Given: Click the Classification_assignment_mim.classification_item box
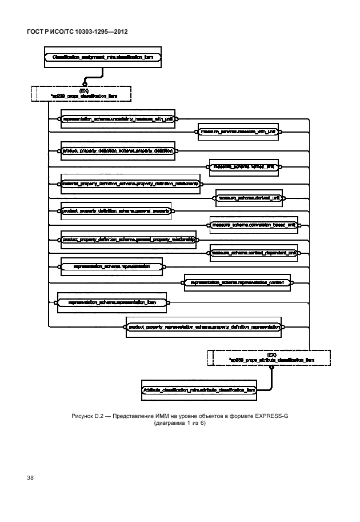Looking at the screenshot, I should tap(102, 58).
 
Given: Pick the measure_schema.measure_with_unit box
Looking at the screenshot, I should tap(238, 132).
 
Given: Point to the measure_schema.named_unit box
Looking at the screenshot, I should tap(243, 167).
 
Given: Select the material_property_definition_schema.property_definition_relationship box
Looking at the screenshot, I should tap(130, 184).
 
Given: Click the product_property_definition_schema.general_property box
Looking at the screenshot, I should tap(117, 211).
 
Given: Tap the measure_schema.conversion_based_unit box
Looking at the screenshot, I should tap(254, 225).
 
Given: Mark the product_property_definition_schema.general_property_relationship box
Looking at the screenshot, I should tap(129, 239).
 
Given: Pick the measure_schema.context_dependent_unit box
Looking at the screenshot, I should tap(254, 253).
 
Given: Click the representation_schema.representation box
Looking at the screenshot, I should tap(111, 266).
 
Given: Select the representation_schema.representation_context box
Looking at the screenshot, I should tap(237, 282).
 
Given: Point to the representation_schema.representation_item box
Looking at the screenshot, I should tap(112, 302).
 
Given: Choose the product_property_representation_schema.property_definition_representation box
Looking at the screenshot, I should tap(203, 327).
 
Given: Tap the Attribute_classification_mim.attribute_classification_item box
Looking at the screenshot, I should tap(198, 389).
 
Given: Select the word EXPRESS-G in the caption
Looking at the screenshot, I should tap(272, 416).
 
